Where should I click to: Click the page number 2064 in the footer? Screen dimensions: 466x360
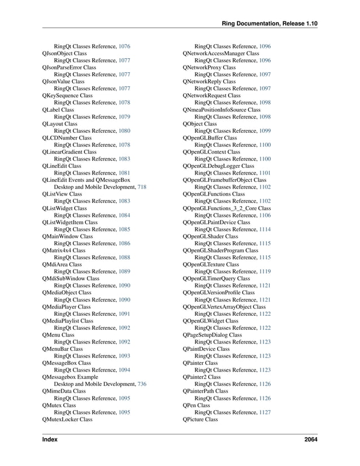pos(310,440)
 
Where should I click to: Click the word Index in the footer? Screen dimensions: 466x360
pos(51,440)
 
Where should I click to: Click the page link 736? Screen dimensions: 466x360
pos(142,384)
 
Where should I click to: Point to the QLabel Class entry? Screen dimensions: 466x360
pos(58,110)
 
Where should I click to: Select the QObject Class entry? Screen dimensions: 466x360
pos(200,124)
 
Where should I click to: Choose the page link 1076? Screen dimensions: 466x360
pos(125,46)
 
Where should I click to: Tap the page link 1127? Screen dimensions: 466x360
pos(265,412)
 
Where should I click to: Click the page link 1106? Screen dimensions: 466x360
pos(265,215)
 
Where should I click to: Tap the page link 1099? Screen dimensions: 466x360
pos(265,131)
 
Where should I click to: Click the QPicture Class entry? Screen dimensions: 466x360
pos(200,419)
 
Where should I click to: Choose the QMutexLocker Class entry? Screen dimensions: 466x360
pos(67,419)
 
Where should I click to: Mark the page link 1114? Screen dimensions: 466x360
pos(265,229)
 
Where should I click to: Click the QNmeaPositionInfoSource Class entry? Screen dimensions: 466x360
pos(222,110)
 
